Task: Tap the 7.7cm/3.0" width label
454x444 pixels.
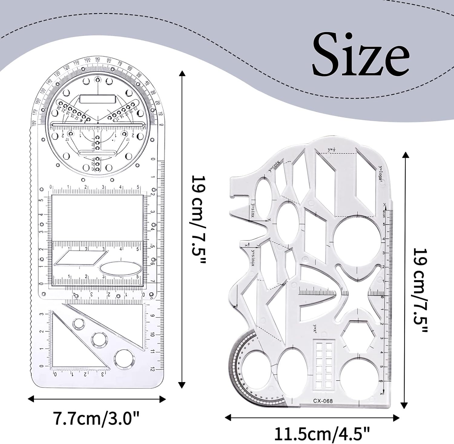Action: (96, 419)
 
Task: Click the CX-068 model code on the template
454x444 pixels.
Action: (323, 401)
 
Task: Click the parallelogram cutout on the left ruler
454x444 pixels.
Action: (81, 258)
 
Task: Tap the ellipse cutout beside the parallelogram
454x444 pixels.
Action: (120, 268)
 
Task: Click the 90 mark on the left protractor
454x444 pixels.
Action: (97, 59)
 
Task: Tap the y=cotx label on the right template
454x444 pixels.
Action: (274, 166)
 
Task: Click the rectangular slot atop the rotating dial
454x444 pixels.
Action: (97, 99)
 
